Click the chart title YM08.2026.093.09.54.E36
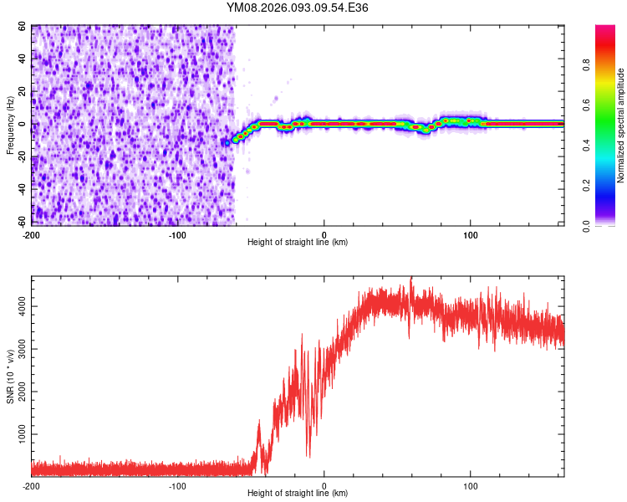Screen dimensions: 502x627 point(298,8)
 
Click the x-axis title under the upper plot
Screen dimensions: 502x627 point(298,242)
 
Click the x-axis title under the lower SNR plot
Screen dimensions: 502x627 point(298,493)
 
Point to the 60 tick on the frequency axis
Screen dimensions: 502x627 point(23,26)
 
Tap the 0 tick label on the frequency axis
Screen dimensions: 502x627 point(25,124)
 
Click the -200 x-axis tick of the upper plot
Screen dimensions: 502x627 point(32,234)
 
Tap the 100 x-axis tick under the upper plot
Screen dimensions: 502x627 point(471,234)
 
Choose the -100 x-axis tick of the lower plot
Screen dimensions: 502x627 point(177,485)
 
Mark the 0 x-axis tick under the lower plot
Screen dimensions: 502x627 point(324,485)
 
